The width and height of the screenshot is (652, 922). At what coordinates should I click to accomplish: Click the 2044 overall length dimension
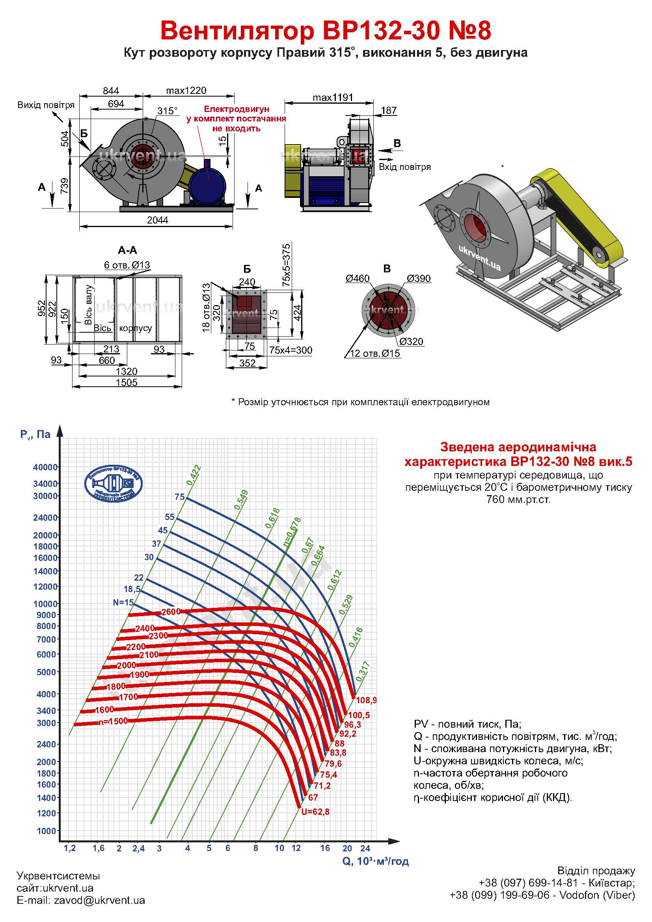tap(157, 220)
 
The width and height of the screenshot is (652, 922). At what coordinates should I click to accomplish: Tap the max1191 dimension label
tap(333, 97)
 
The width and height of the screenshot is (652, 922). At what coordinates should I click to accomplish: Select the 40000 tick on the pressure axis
tap(45, 467)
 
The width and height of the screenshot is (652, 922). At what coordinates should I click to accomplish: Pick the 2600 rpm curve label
tap(171, 612)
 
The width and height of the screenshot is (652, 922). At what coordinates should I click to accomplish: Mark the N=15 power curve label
tap(123, 602)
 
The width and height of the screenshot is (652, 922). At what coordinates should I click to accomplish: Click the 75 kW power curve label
tap(179, 497)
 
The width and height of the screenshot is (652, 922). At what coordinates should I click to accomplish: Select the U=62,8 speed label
tap(316, 812)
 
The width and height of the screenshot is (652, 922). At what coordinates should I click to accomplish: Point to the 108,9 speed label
tap(366, 700)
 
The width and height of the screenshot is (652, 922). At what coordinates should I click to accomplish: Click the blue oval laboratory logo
tap(113, 484)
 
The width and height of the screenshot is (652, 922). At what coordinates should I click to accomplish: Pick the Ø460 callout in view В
tap(357, 278)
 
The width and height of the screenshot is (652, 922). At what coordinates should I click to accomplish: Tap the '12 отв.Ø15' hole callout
tap(375, 353)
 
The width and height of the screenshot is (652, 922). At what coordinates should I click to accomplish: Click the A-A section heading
tap(128, 250)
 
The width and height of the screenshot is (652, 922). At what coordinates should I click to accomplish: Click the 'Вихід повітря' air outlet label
tap(46, 105)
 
